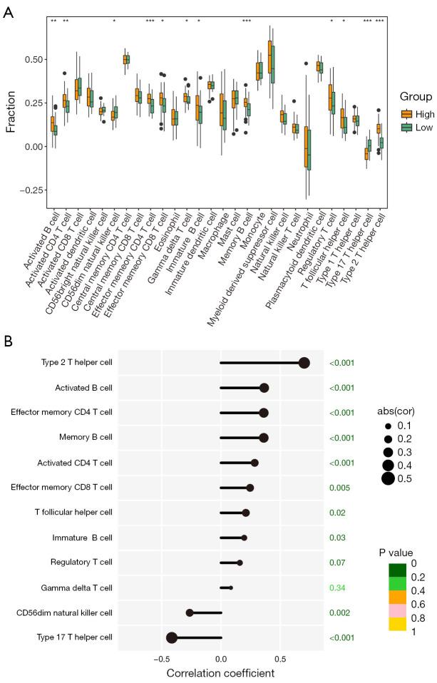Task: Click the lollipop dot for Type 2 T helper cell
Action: pyautogui.click(x=304, y=363)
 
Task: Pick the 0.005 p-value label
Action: pyautogui.click(x=339, y=488)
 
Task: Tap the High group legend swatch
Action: pyautogui.click(x=407, y=113)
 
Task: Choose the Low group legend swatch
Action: pyautogui.click(x=407, y=127)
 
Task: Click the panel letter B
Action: pyautogui.click(x=8, y=341)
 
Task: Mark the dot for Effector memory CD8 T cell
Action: pyautogui.click(x=250, y=488)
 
